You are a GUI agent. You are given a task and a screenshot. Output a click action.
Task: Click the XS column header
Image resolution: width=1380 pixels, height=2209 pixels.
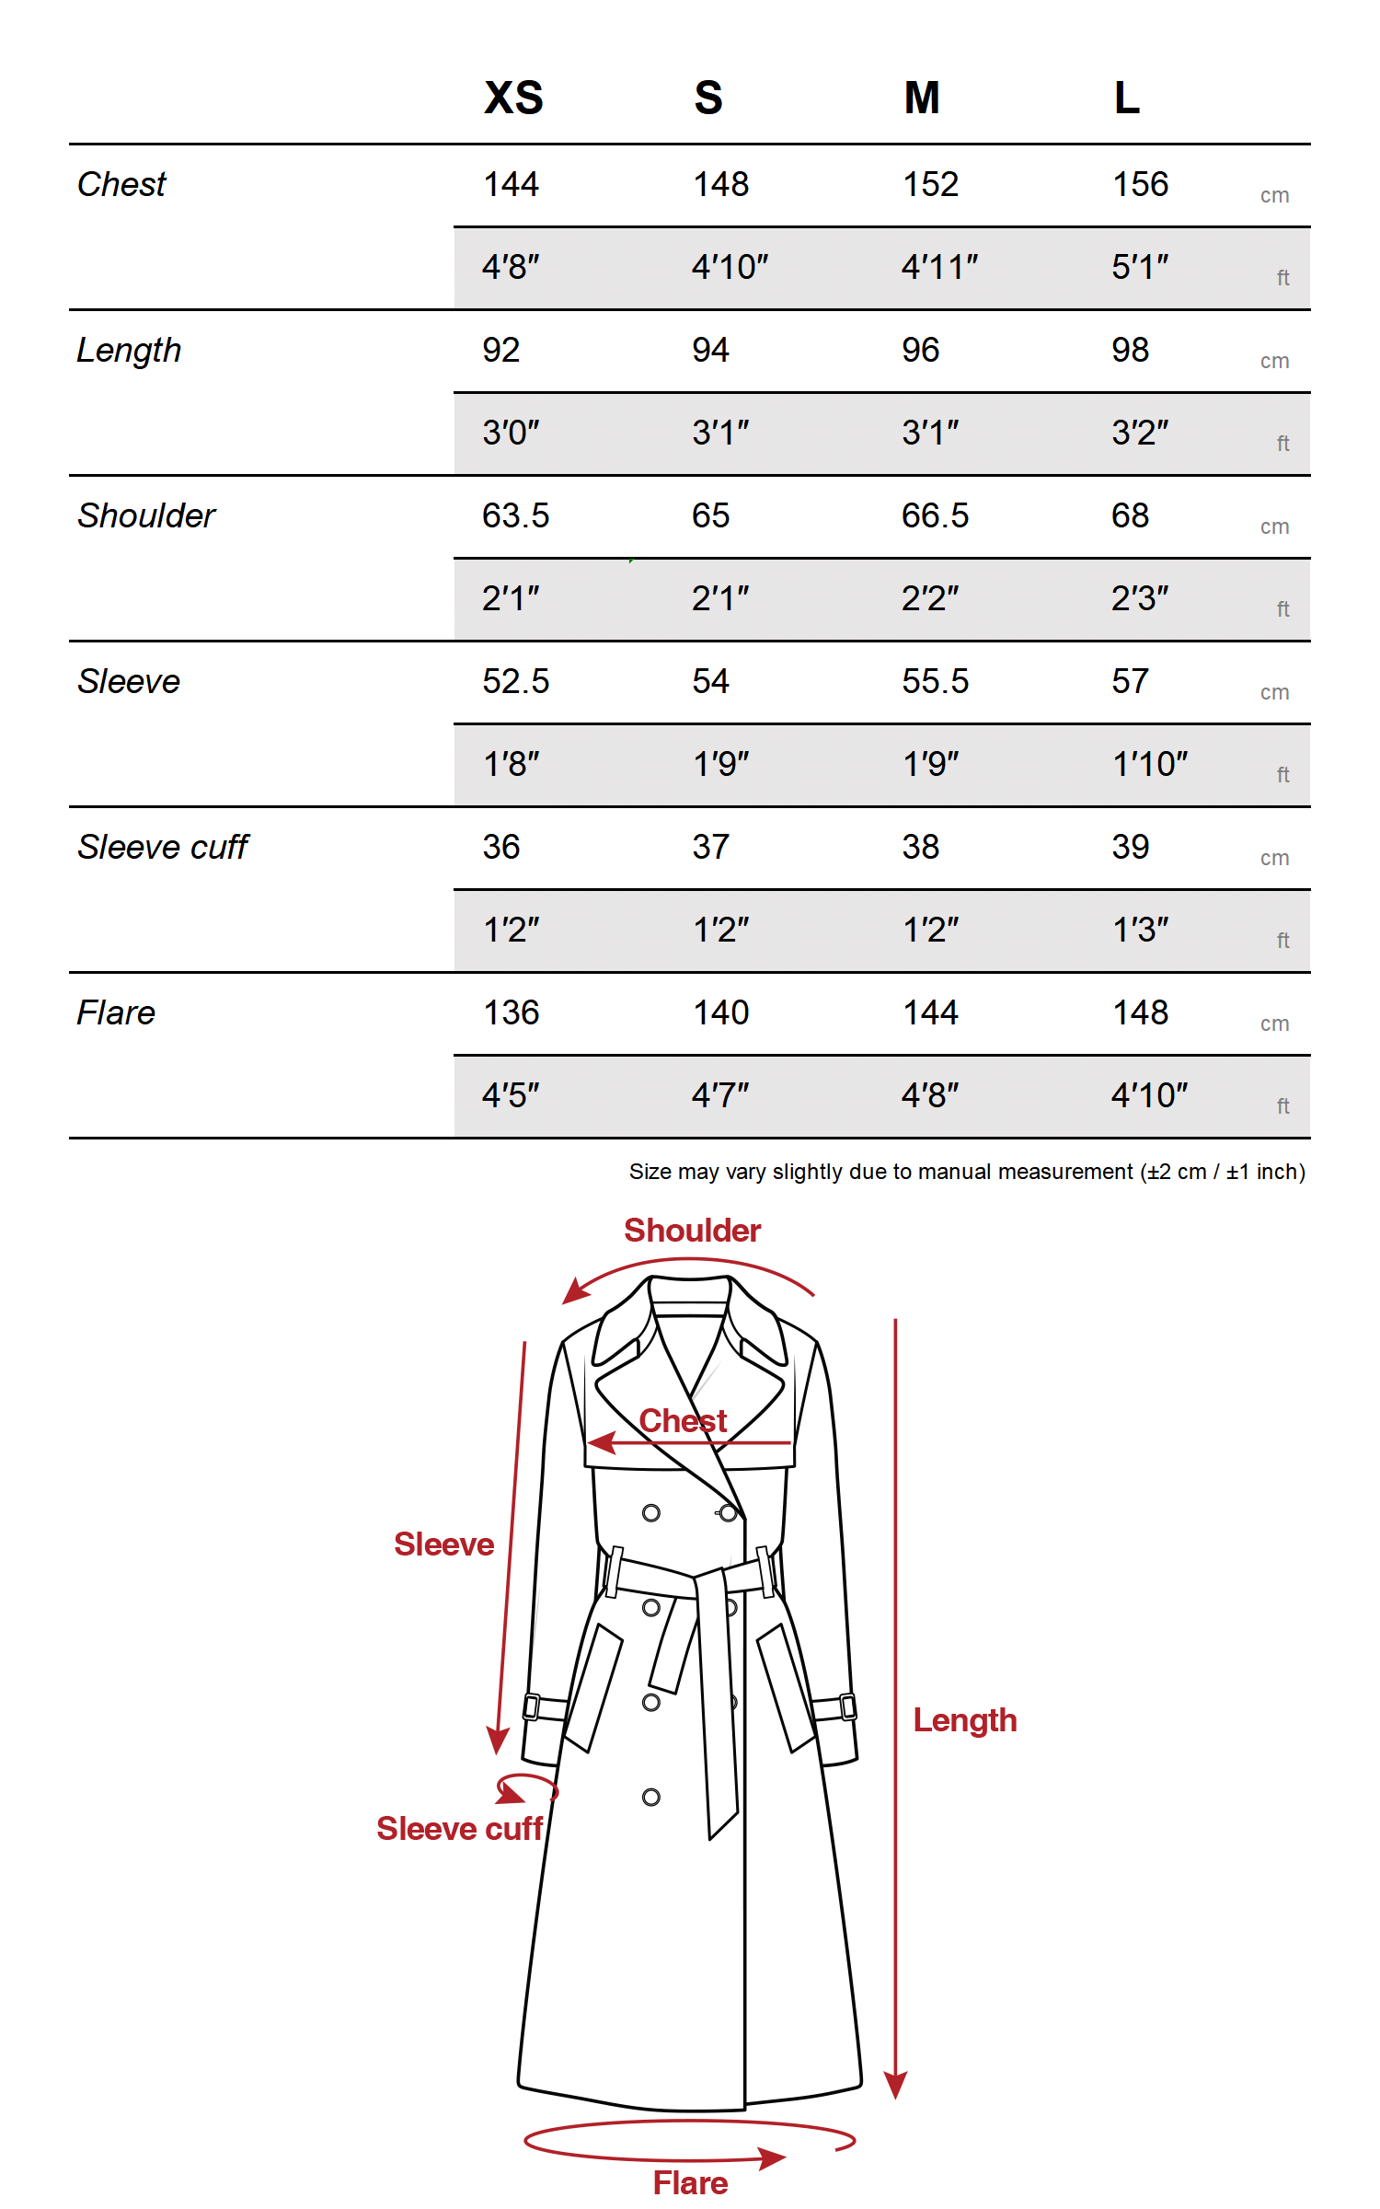click(513, 98)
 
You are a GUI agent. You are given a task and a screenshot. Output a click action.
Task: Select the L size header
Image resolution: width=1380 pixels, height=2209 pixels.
click(1127, 98)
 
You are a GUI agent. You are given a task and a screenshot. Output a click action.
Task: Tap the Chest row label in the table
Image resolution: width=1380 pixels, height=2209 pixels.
click(121, 184)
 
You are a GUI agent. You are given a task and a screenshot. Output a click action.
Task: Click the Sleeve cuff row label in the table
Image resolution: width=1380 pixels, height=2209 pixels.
click(163, 847)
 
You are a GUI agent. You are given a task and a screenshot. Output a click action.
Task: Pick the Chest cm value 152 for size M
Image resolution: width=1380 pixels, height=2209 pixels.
click(930, 184)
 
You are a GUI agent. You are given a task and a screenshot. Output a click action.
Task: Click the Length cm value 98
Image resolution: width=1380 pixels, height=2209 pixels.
click(1130, 350)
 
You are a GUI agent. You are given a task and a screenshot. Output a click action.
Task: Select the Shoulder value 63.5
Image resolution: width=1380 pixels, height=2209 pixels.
click(515, 515)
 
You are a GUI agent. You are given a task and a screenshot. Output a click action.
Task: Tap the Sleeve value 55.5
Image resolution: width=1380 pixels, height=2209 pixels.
click(935, 681)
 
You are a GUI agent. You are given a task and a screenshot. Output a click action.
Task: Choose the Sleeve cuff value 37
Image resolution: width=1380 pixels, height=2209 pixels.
click(710, 847)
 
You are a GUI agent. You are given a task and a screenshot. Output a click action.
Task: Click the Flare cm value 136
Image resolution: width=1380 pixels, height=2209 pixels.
click(512, 1012)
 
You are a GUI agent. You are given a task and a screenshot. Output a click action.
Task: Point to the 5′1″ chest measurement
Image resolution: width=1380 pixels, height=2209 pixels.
click(1140, 267)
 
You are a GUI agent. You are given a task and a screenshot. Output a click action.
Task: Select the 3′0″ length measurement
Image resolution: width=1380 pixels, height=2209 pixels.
click(511, 433)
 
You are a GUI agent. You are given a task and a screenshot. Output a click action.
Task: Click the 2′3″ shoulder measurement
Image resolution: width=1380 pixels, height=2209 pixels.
click(1140, 598)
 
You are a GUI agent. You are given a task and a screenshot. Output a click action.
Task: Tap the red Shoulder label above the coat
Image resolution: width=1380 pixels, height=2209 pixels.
click(692, 1231)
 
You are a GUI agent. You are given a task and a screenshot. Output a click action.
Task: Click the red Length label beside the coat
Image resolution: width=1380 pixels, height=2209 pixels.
click(965, 1720)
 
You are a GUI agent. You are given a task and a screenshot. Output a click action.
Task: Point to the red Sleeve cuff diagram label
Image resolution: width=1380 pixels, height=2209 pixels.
click(459, 1829)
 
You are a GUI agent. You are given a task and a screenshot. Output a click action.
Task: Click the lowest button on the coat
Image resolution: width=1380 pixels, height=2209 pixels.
click(651, 1798)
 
